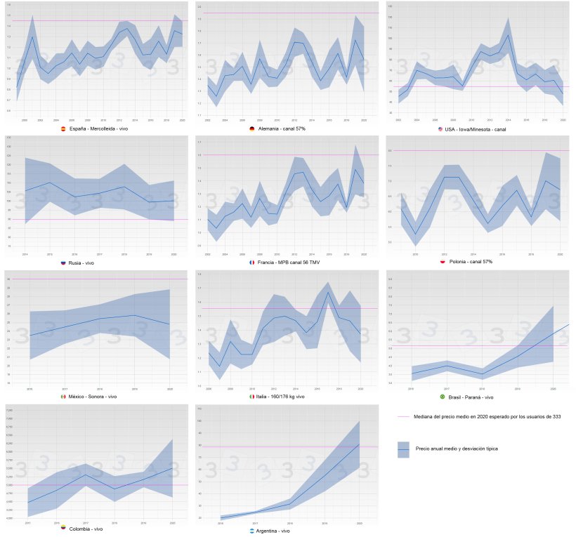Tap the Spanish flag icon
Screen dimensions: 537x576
64,129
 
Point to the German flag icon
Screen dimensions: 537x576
252,129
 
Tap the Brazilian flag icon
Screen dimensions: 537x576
443,397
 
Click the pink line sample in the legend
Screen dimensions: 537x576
403,416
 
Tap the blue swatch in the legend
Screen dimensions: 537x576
403,449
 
